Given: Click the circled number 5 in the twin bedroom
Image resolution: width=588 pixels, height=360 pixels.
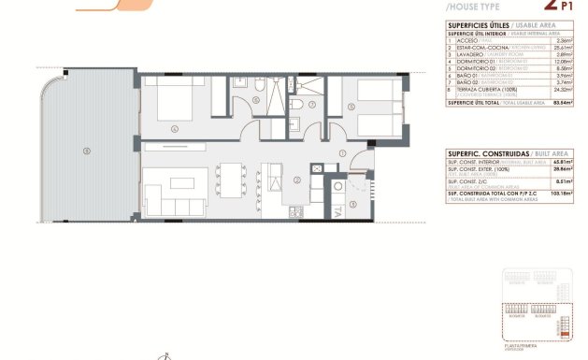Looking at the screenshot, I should [351, 106].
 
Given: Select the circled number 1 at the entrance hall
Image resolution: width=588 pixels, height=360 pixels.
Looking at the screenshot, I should [342, 152].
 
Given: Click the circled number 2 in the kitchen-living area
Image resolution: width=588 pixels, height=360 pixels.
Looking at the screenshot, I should [295, 180].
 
